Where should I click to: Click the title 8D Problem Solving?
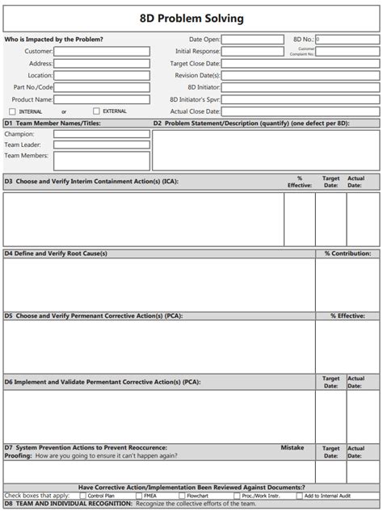(191, 18)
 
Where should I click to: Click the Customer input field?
(102, 51)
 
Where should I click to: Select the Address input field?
(102, 63)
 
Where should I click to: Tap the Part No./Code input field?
(102, 87)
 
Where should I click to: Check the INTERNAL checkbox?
(12, 111)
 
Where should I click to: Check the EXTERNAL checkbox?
(97, 111)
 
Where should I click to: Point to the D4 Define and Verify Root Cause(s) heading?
(57, 253)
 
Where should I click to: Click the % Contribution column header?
(347, 253)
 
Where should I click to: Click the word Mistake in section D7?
(293, 446)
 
